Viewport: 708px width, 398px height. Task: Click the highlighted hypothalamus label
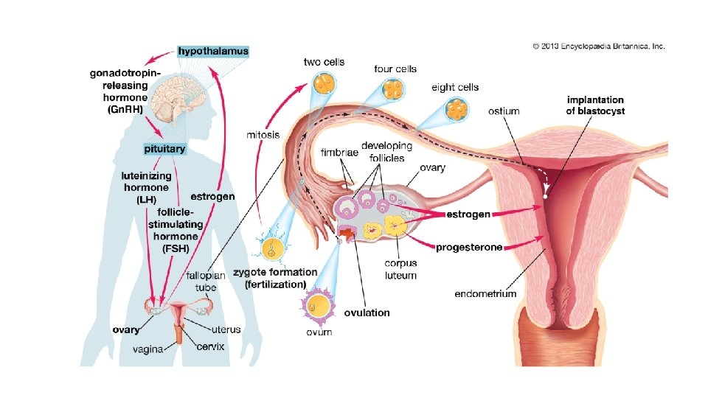213,52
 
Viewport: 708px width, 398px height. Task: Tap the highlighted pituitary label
165,149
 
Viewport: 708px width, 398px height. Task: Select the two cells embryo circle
323,83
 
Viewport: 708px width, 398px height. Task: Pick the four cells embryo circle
394,94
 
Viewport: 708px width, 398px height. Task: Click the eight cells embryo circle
457,111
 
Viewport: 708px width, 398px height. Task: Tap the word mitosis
262,136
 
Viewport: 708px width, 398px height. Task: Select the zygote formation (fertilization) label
275,277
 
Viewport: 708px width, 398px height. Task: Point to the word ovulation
367,313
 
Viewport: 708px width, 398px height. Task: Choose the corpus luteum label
400,269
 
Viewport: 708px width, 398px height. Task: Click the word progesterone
468,247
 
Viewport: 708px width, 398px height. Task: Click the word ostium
504,111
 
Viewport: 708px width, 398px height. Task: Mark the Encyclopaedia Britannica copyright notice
599,46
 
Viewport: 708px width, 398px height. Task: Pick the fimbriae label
337,153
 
